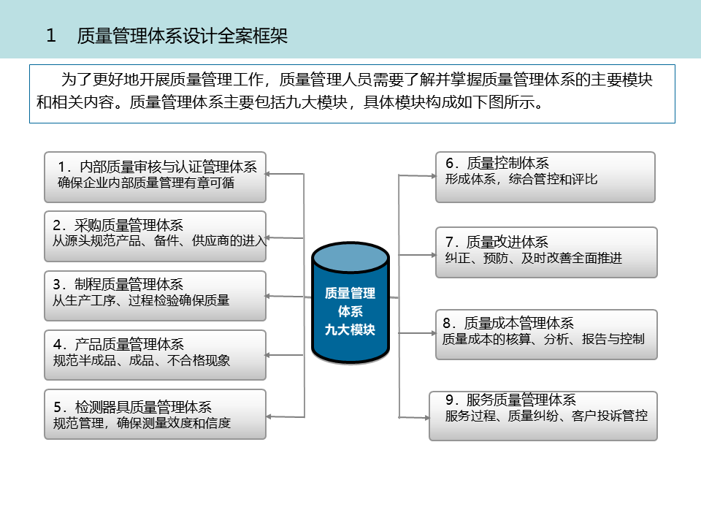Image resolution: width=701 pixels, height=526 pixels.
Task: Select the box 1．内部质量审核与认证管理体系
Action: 155,176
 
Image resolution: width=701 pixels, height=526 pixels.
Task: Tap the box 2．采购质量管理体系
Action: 155,236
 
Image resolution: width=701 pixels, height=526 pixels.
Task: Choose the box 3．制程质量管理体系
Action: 155,295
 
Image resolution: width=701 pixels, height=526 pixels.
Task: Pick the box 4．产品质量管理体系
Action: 155,354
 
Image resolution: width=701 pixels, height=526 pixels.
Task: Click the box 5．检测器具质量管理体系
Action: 155,414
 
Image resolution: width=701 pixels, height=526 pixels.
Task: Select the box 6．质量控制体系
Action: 545,177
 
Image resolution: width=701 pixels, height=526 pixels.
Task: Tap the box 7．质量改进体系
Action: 546,252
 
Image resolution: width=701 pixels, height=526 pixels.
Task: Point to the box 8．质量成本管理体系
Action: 546,334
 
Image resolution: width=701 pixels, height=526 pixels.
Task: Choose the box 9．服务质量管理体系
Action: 543,416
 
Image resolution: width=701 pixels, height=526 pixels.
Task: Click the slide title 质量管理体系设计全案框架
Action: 183,36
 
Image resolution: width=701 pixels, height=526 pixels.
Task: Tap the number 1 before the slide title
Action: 51,36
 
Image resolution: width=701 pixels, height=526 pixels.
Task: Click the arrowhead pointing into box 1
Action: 269,174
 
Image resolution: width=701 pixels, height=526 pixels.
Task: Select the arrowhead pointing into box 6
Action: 432,175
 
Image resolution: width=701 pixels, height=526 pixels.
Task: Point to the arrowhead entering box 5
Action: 269,416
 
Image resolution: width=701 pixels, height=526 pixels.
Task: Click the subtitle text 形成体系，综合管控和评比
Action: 521,179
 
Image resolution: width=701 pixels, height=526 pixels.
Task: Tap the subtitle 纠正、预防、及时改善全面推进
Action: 534,258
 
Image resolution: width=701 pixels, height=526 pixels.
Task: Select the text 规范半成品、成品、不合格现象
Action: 142,361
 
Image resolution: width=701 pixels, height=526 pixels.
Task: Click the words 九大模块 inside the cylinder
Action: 350,329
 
